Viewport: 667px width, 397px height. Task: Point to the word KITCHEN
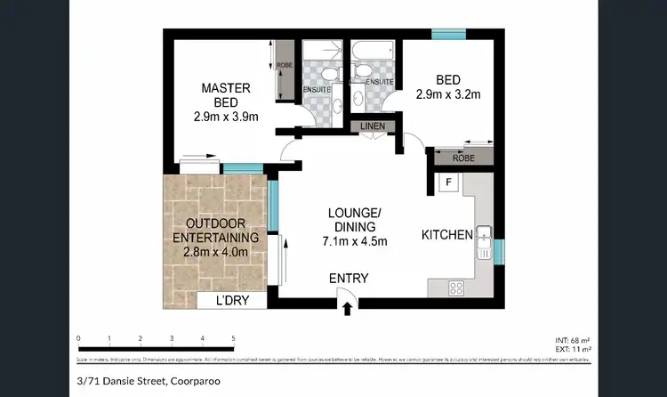[x=446, y=235]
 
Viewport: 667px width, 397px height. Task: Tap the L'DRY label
[x=235, y=301]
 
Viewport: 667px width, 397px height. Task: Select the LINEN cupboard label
[x=373, y=126]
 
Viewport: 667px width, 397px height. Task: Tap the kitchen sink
[x=485, y=239]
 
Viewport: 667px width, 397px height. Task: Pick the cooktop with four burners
[x=457, y=288]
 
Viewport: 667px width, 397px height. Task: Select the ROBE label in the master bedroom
[x=285, y=65]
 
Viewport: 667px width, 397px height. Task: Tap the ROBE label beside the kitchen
[x=462, y=158]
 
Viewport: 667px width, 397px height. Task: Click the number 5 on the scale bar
[x=233, y=338]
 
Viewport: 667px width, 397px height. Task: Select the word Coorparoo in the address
[x=193, y=382]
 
